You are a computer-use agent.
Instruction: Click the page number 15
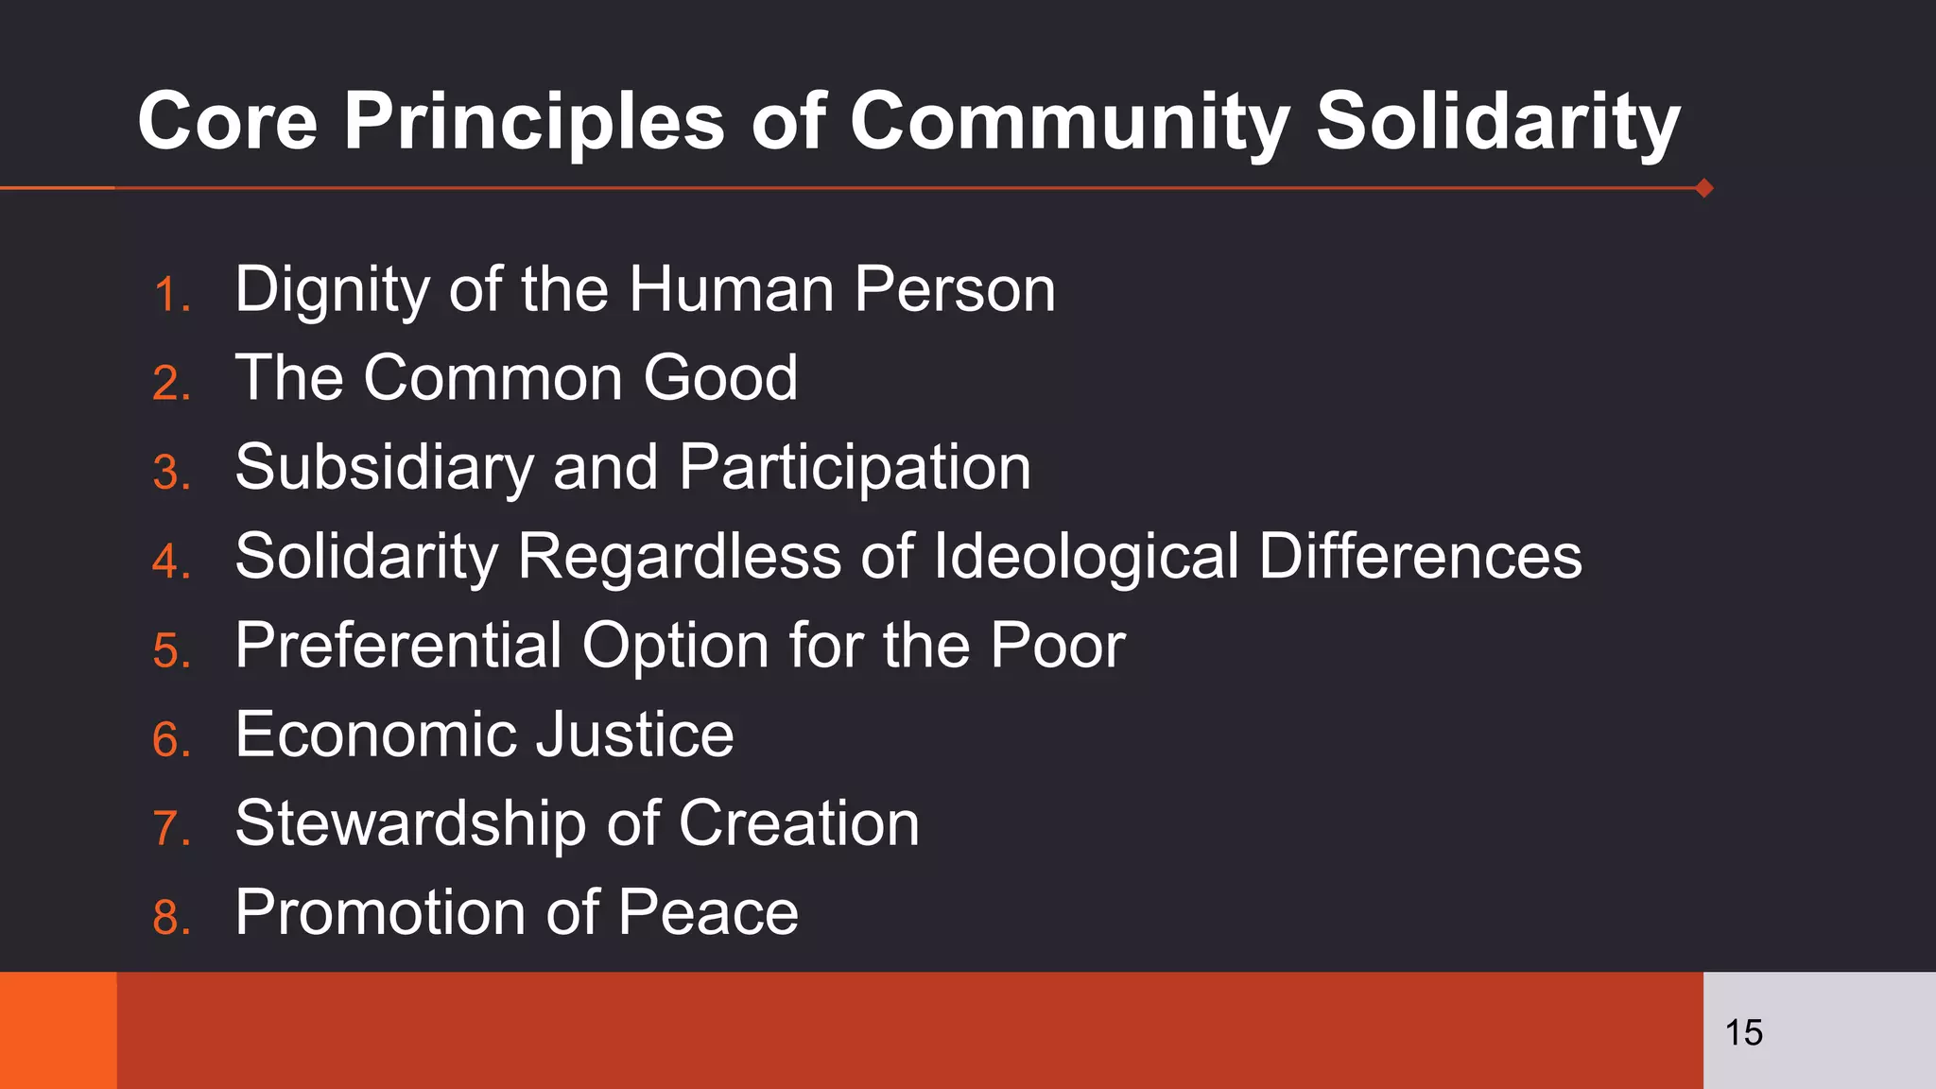[1744, 1032]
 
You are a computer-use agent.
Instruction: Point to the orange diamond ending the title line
[1704, 188]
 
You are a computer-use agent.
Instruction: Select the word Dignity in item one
[332, 289]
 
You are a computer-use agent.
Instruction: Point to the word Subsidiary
[384, 467]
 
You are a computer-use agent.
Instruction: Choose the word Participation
[855, 467]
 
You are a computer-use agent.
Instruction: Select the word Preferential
[398, 646]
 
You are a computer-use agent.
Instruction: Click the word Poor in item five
[1058, 646]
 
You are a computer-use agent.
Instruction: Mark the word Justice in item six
[634, 735]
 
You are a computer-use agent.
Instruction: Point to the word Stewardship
[410, 823]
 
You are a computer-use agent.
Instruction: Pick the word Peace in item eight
[708, 912]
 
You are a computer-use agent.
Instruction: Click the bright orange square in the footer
[58, 1030]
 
